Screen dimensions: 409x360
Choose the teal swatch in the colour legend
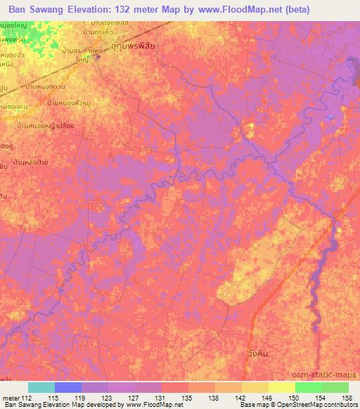point(41,387)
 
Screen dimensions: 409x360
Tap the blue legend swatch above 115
point(68,387)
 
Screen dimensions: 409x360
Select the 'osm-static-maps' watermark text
point(330,374)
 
